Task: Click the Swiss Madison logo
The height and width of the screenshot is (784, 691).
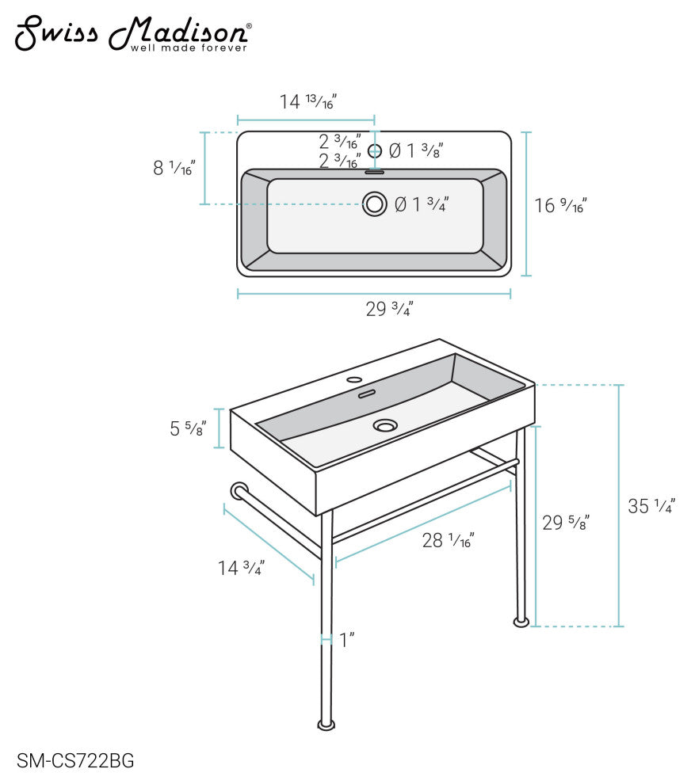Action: (x=133, y=33)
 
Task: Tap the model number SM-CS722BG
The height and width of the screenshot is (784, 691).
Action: (x=75, y=760)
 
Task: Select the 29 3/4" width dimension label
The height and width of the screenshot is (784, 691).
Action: (x=389, y=309)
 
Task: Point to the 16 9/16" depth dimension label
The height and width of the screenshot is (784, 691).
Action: (x=560, y=205)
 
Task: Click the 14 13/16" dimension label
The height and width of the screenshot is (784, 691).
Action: (x=307, y=101)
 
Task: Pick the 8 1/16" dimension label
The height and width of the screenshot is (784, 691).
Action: (x=174, y=168)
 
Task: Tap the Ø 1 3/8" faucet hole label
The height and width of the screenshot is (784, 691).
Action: (x=416, y=150)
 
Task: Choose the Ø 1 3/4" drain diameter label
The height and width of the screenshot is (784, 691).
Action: (x=422, y=204)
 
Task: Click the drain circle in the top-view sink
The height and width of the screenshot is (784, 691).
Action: (x=374, y=204)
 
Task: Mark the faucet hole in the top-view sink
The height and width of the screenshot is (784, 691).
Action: (x=374, y=150)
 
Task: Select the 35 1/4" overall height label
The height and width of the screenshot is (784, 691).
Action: (x=651, y=506)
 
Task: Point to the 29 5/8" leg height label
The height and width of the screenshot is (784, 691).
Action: (x=566, y=523)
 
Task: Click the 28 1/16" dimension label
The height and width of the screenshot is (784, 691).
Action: (x=448, y=540)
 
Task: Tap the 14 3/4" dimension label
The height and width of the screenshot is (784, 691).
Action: (x=241, y=568)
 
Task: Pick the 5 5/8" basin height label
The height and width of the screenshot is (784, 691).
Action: (x=188, y=428)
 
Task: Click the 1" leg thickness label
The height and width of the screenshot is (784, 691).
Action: (x=347, y=640)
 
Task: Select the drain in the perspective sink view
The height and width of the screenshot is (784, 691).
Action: (x=385, y=425)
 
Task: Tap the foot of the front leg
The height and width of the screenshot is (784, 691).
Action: (x=326, y=725)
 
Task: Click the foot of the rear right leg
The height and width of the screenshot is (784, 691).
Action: (x=521, y=622)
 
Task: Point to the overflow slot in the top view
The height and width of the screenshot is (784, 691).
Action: (x=374, y=173)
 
